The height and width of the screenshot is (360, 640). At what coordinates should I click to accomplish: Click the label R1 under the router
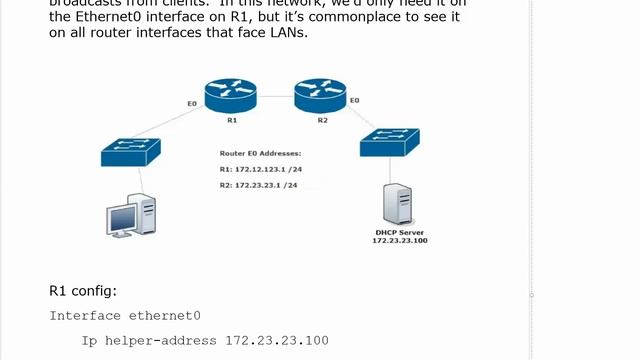(x=231, y=120)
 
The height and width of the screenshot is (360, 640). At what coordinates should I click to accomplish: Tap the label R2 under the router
(x=322, y=120)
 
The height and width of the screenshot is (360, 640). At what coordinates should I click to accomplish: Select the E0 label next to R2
(x=353, y=101)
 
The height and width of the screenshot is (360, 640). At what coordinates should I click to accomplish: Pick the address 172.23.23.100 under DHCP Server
(x=393, y=241)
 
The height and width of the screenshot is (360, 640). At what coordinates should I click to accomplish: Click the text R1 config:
(x=83, y=292)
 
